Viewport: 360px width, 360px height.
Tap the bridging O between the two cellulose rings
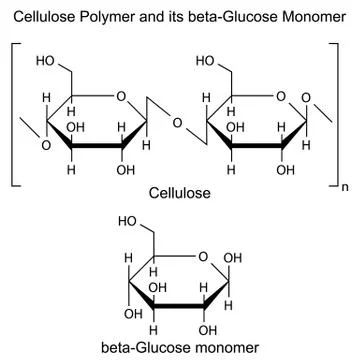[x=176, y=124]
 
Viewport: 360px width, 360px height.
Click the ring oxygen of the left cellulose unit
[x=121, y=97]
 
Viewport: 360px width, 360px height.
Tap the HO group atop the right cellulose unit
[x=207, y=62]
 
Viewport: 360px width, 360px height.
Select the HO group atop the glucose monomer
[x=127, y=221]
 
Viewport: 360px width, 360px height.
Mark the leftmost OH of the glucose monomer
[x=127, y=313]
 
